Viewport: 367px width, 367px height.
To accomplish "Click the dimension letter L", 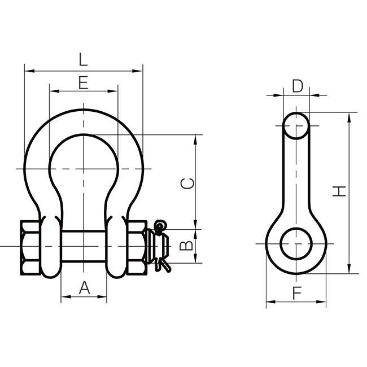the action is [83, 59].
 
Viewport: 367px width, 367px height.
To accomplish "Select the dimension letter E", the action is [84, 82].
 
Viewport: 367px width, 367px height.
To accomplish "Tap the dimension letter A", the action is [84, 287].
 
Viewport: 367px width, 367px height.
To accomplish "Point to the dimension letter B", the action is [186, 246].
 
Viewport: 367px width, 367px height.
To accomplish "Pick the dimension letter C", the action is [187, 183].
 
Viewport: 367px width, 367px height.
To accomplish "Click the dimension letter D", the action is [298, 86].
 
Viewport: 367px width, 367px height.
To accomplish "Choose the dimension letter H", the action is [339, 191].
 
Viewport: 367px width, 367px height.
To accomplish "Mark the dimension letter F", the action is [297, 293].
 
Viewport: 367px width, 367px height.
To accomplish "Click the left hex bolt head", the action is [30, 247].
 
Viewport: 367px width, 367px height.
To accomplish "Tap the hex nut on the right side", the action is [137, 247].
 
